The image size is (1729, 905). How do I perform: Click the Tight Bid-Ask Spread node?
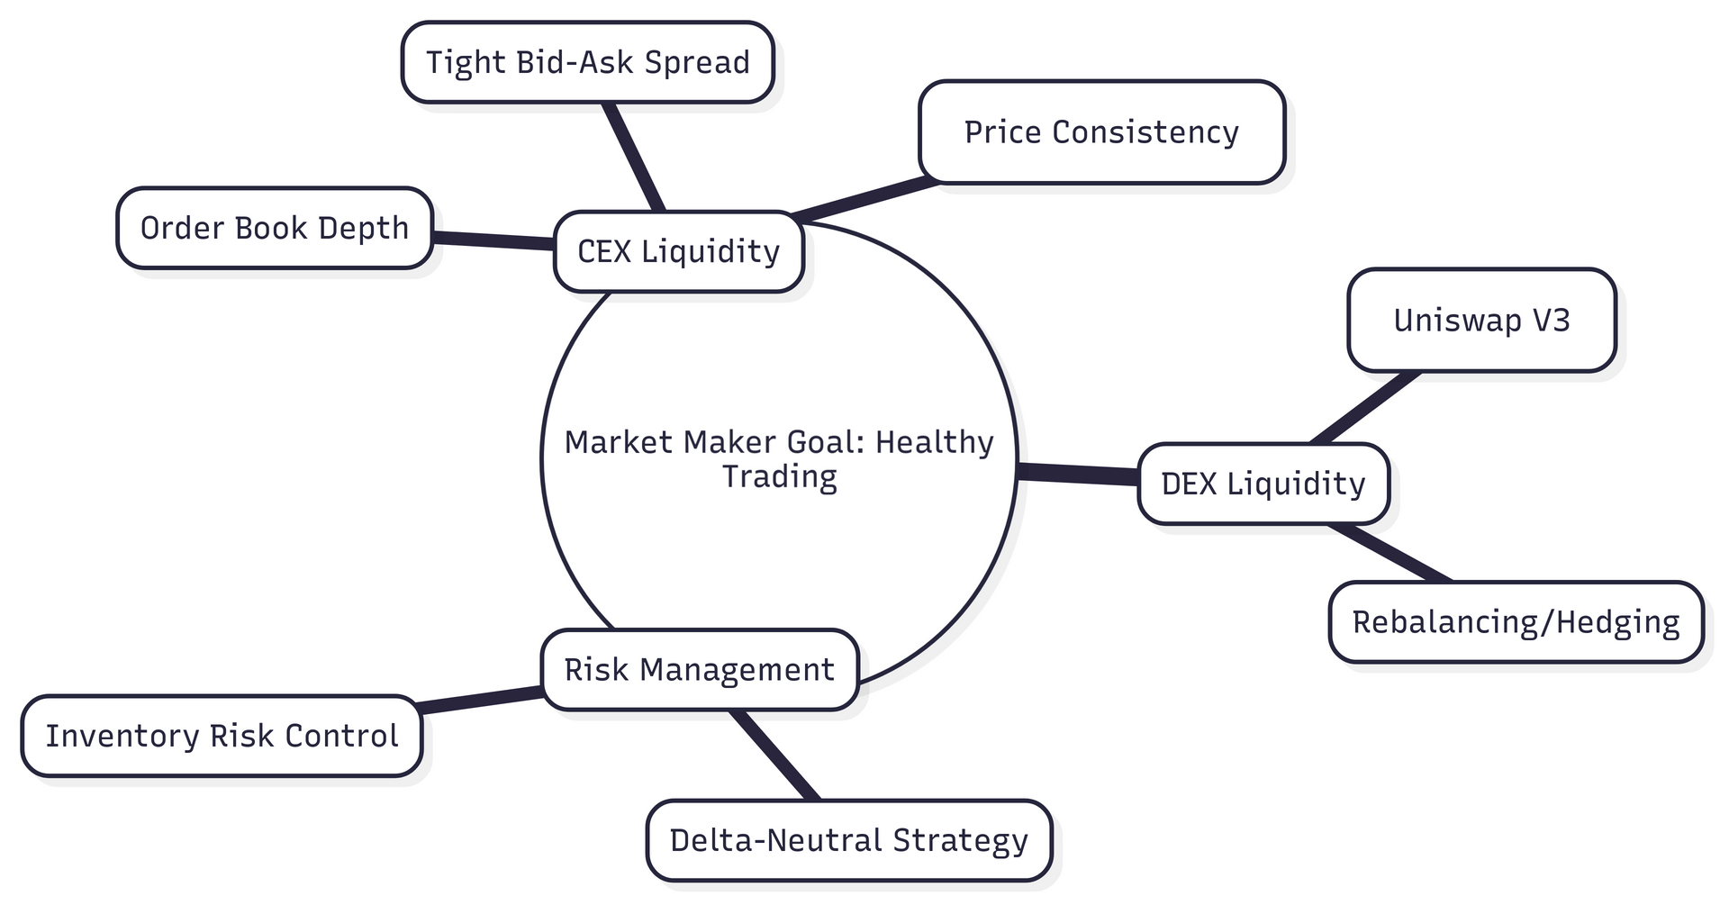587,62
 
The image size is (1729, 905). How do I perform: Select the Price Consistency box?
1101,132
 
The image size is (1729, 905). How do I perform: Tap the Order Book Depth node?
275,228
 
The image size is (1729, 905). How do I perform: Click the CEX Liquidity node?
678,251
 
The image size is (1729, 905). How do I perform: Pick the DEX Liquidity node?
1263,484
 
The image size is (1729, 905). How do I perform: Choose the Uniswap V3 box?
1481,320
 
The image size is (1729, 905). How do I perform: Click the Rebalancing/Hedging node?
1516,622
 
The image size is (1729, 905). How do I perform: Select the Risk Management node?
699,670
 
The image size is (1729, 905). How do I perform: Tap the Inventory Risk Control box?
222,736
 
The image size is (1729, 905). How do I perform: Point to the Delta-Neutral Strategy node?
848,840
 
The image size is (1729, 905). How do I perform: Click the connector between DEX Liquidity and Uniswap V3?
1365,407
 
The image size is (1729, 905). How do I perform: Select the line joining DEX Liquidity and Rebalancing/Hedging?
1390,553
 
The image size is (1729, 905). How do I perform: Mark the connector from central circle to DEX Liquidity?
1077,474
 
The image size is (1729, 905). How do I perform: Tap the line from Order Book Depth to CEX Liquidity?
493,240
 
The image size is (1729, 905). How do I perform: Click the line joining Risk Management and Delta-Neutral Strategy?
774,755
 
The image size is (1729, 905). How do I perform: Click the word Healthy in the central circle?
934,442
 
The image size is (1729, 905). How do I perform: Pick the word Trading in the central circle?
780,476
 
